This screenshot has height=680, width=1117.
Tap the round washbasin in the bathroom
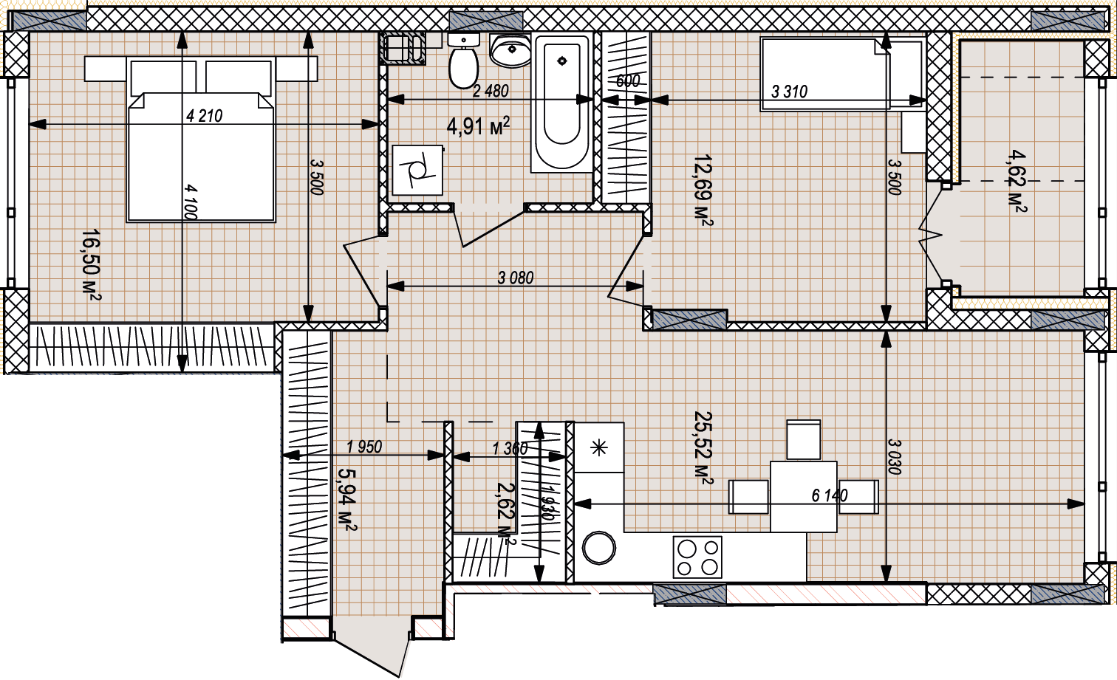(x=510, y=50)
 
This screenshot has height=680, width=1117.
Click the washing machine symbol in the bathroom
(x=418, y=170)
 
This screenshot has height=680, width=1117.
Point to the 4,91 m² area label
(x=478, y=127)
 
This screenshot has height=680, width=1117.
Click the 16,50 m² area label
(x=92, y=265)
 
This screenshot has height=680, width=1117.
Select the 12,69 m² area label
(x=702, y=190)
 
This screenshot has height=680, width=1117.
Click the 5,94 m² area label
(x=347, y=500)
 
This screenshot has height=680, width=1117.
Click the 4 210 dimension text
(x=205, y=116)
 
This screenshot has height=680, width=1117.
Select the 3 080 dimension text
(x=516, y=278)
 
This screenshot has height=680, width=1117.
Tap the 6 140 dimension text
(x=830, y=495)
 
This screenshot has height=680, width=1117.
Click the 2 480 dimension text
(x=491, y=91)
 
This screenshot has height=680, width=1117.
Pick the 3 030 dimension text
(x=895, y=457)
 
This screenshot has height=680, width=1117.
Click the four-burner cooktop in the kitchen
(x=697, y=557)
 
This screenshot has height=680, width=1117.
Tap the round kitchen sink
(x=599, y=548)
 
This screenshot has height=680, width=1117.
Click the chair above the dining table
(x=803, y=439)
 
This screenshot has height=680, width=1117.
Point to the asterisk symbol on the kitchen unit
(x=598, y=447)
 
